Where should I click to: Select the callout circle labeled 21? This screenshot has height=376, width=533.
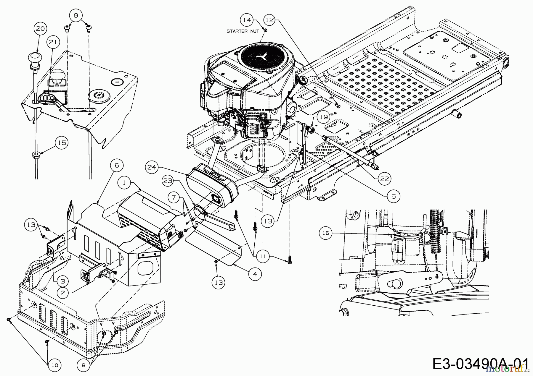click(x=53, y=42)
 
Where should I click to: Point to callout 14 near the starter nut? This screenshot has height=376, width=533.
click(x=247, y=20)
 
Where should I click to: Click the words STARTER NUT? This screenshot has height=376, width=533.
click(x=243, y=31)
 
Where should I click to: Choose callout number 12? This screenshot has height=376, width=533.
click(x=270, y=20)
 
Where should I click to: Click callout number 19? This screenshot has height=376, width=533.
click(x=324, y=117)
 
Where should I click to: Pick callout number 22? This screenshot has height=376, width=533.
click(x=384, y=179)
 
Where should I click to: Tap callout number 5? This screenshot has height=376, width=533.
click(x=394, y=196)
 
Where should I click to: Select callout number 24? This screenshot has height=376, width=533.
click(x=152, y=168)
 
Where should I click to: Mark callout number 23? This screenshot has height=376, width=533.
click(x=168, y=181)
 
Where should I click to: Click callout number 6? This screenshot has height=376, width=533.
click(x=116, y=165)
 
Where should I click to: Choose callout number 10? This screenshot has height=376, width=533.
click(x=55, y=365)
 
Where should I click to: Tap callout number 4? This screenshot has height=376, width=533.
click(x=255, y=274)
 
